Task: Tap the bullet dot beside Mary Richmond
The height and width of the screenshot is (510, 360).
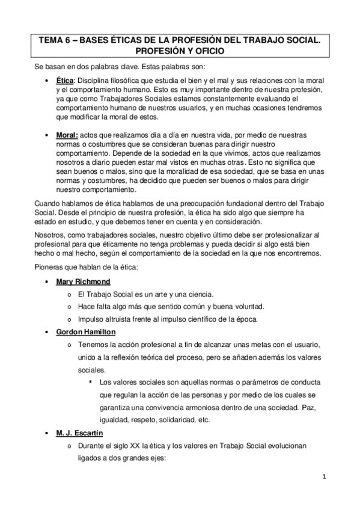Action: [x=47, y=282]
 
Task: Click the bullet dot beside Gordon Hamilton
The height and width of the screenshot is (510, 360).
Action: [x=47, y=332]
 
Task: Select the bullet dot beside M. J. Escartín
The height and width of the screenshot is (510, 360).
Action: [x=47, y=434]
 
